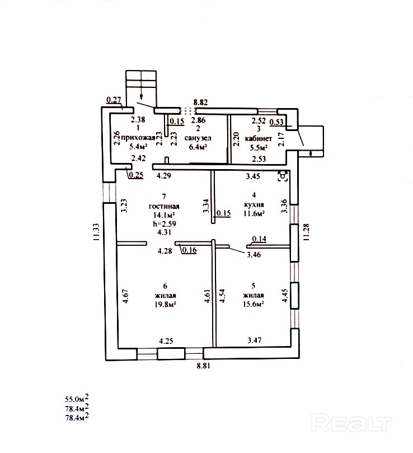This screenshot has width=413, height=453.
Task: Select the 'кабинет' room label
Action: click(258, 138)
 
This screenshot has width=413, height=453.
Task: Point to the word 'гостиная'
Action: click(165, 206)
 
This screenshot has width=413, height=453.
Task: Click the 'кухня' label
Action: click(253, 204)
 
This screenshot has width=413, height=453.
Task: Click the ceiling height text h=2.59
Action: click(165, 224)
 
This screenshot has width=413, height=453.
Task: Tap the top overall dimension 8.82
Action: click(200, 102)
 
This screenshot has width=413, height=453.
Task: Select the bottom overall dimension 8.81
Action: click(203, 366)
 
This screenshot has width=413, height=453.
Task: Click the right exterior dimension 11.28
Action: click(306, 231)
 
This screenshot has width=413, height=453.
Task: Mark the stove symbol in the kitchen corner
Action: click(284, 176)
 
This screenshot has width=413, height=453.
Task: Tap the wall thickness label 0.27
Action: click(114, 101)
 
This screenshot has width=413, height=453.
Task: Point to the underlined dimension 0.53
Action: click(276, 122)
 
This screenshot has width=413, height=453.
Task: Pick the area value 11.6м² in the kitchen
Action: click(254, 213)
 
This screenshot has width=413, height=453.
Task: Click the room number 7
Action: click(164, 196)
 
